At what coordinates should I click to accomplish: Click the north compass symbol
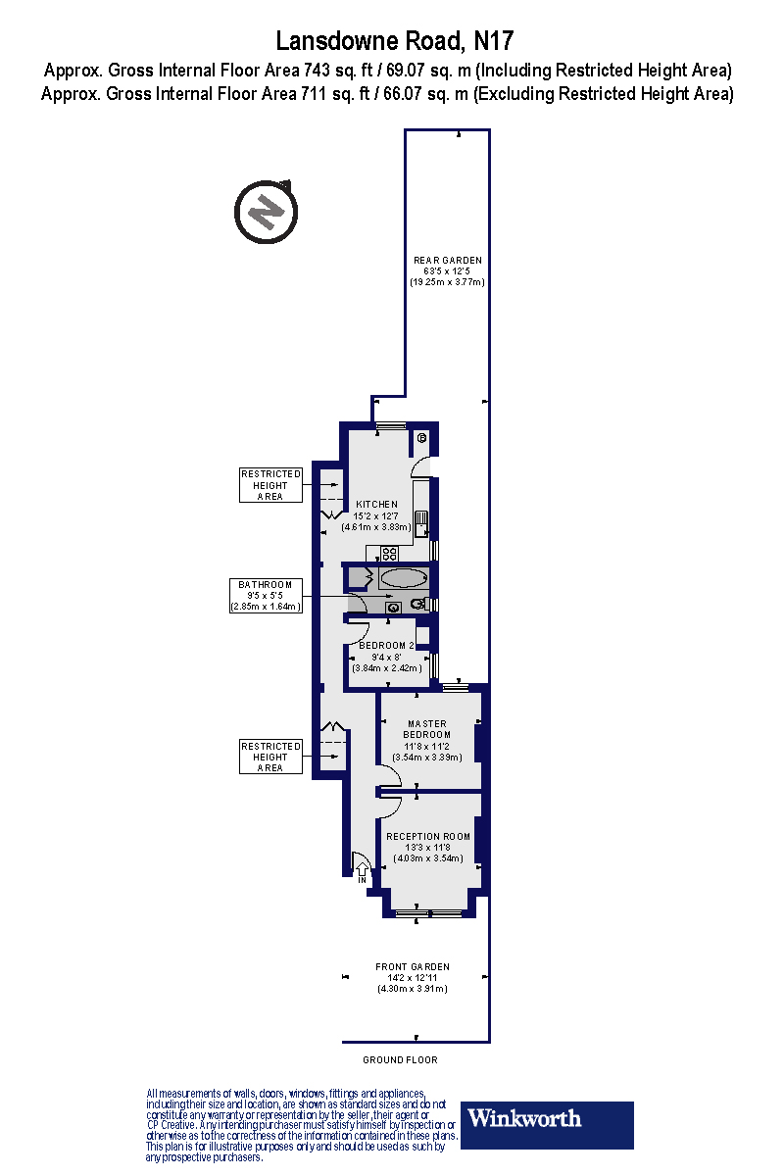(x=266, y=211)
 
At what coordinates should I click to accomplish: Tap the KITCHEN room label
(x=376, y=504)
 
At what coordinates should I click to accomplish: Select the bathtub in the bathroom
(x=403, y=577)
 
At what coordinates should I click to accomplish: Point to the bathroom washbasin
(x=393, y=608)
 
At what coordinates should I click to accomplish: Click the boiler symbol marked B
(x=421, y=438)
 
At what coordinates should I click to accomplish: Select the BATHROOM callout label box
(x=266, y=596)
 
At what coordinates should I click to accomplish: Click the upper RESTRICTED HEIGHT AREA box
(x=270, y=485)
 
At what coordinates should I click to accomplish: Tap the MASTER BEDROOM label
(x=427, y=729)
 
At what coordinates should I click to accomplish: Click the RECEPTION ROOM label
(x=428, y=836)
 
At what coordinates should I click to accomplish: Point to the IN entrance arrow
(x=361, y=871)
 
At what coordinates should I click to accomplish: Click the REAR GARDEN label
(x=448, y=260)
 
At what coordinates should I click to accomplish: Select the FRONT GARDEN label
(x=412, y=967)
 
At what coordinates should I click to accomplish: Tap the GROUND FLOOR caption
(x=400, y=1060)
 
